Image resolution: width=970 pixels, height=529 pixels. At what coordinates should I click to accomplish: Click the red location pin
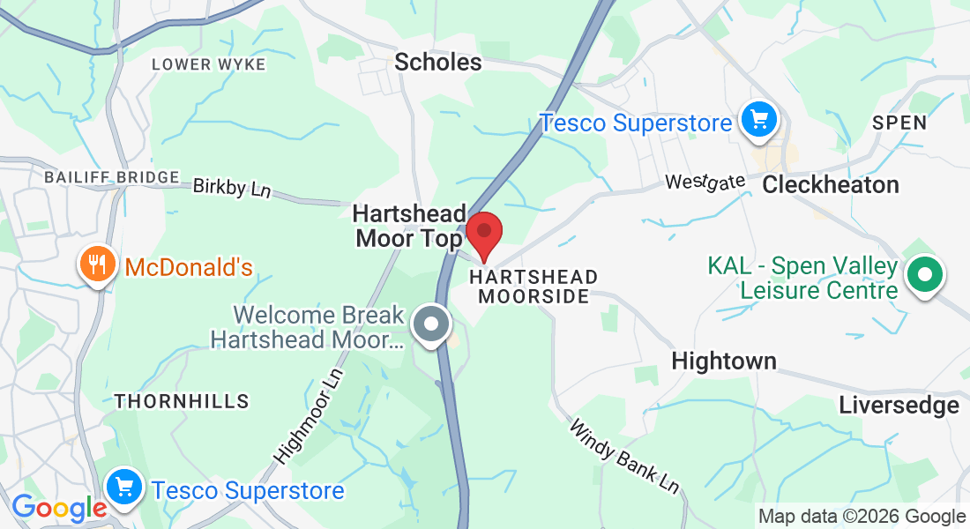coord(483,234)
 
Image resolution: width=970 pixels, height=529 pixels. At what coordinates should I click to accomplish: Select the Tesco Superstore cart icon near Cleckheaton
coord(757,120)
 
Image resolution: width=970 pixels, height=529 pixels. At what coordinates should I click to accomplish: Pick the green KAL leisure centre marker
coord(924,276)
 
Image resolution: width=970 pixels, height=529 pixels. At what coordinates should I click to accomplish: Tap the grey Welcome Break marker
coord(431,324)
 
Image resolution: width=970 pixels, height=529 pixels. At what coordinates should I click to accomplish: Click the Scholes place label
coord(438,62)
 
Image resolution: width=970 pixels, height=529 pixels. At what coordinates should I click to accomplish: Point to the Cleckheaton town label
coord(831,184)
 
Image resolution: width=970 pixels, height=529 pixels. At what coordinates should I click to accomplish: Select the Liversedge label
coord(899,405)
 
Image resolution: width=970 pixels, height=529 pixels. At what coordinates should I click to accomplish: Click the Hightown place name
coord(724,361)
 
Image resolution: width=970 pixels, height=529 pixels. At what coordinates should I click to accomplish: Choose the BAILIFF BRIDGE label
coord(112,177)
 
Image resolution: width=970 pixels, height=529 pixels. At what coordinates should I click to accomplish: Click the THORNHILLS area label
coord(182,401)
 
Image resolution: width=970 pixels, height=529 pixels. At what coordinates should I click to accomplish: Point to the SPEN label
coord(899,123)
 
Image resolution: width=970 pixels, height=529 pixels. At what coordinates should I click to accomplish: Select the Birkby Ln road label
coord(232,187)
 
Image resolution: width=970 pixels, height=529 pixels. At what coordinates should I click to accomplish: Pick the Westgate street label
coord(705,182)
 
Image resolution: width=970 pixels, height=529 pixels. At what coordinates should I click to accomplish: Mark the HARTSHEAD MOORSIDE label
coord(533,287)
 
